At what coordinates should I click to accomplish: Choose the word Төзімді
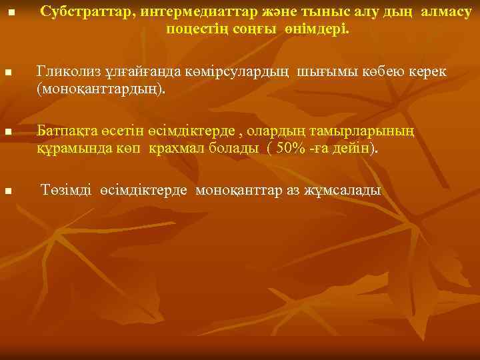click(x=66, y=191)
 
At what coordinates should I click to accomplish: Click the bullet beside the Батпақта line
click(x=7, y=132)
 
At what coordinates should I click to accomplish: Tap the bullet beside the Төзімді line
click(x=7, y=191)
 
